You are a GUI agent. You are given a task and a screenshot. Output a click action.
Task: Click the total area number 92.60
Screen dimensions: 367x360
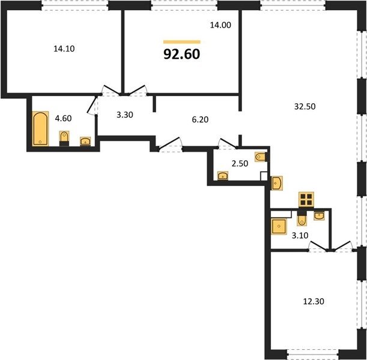coord(181,54)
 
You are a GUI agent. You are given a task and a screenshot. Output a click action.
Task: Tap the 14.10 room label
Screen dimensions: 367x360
coord(64,49)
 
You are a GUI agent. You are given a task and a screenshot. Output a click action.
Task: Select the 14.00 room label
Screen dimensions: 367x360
coord(220,25)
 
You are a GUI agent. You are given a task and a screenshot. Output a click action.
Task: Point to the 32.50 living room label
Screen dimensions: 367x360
coord(305,107)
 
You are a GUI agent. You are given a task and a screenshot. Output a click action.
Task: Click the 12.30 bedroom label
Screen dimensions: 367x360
coord(314,302)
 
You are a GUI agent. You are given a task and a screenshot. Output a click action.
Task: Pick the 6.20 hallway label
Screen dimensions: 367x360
coord(200,119)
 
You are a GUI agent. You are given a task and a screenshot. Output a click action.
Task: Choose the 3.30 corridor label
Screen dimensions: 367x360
coord(125,115)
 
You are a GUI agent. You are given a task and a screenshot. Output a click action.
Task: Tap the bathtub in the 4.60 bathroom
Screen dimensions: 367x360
coord(40,129)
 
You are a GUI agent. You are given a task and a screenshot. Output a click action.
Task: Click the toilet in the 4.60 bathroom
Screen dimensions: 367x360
coord(64,139)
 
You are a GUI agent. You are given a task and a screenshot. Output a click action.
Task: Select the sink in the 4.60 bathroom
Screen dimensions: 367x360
coord(85,142)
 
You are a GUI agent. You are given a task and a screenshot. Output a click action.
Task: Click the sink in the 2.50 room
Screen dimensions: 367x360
coord(223,176)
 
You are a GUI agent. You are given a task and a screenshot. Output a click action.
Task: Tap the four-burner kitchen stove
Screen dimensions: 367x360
coord(306,200)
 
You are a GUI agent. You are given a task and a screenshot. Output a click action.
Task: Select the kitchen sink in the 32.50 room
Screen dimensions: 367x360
coord(277,183)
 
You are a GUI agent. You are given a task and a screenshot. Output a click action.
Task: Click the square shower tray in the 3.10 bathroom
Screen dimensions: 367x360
coord(279,226)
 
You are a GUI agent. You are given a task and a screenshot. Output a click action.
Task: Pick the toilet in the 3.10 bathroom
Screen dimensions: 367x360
coord(302,218)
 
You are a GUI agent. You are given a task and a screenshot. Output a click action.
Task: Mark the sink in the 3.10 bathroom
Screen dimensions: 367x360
coord(319,215)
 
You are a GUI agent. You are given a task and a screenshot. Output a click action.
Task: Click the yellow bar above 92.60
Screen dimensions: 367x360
coord(182,42)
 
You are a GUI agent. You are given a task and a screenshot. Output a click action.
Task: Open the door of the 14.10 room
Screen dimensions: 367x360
coord(111,90)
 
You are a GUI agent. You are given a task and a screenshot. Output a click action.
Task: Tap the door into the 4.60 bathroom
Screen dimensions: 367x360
coord(93,105)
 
